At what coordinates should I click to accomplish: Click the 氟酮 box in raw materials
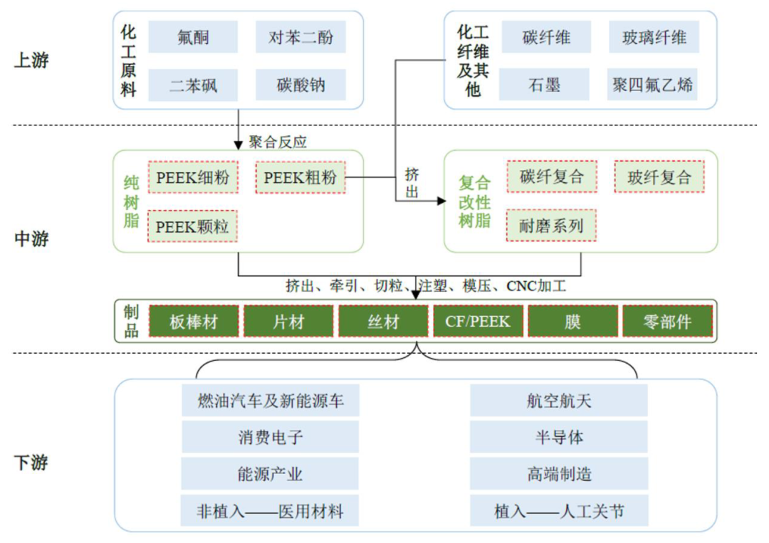tap(194, 37)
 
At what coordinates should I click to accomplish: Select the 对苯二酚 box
tap(300, 37)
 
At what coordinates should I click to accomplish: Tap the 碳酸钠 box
tap(300, 85)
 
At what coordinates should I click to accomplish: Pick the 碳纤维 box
tap(545, 37)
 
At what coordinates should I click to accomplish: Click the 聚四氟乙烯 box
tap(653, 85)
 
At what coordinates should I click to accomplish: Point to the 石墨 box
tap(545, 85)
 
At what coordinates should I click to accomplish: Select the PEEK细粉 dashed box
tap(193, 177)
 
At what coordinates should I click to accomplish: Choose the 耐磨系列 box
tap(552, 226)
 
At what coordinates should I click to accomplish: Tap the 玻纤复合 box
tap(659, 176)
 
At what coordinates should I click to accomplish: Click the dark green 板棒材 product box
tap(194, 322)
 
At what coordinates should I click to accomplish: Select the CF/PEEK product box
tap(478, 322)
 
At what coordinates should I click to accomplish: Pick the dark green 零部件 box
tap(667, 322)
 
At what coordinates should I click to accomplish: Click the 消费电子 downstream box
tap(271, 437)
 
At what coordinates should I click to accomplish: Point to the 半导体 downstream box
tap(559, 437)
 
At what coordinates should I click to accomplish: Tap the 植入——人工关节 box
tap(559, 511)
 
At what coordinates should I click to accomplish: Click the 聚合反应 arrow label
tap(278, 142)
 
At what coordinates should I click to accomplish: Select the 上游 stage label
tap(31, 60)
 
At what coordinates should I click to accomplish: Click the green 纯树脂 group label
tap(132, 201)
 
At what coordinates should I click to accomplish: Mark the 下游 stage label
tap(31, 463)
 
